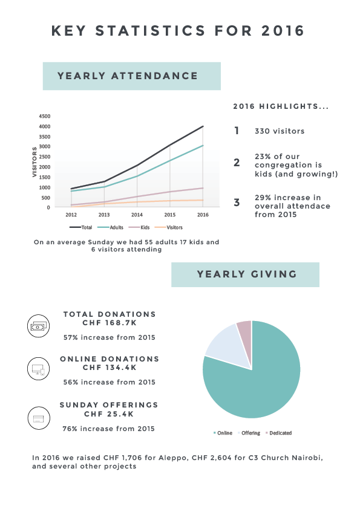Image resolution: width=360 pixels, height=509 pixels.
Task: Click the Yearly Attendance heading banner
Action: coord(131,76)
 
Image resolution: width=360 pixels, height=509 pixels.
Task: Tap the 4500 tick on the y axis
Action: coord(45,116)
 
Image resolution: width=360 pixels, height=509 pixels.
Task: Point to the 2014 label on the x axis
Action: coord(137,215)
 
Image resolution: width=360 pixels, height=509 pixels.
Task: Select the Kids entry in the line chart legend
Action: coord(139,227)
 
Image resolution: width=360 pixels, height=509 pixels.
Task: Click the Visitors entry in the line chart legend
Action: coord(169,227)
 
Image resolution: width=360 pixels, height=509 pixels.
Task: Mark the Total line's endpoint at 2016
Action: coord(203,126)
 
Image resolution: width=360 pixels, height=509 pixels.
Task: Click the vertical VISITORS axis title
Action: coord(34,162)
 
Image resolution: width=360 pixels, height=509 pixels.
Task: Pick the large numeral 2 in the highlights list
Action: coord(237,162)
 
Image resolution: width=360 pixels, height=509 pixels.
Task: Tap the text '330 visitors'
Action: coord(280,131)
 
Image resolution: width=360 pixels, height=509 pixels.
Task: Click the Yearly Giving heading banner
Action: coord(245,274)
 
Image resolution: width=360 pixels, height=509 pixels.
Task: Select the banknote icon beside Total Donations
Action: coord(38,326)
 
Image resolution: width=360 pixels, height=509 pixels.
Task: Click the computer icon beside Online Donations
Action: coord(38,369)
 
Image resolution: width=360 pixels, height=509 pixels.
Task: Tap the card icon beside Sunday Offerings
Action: coord(39,418)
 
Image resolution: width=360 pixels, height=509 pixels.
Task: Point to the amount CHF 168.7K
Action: coord(110,323)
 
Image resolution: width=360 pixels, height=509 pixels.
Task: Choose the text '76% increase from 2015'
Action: coord(108,429)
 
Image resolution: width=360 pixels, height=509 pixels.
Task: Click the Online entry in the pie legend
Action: coord(223,433)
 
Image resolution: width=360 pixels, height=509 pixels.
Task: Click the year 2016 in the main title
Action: coord(283,31)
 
